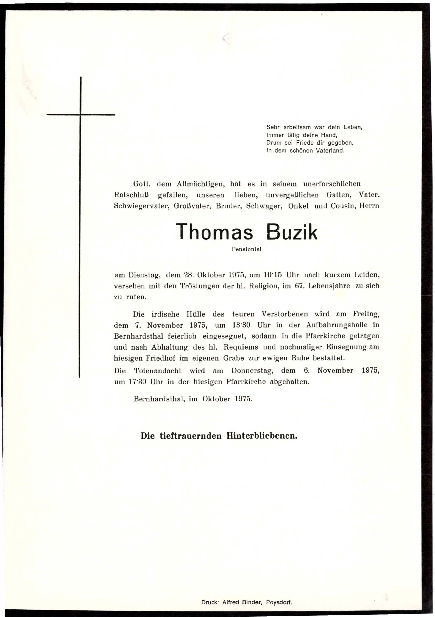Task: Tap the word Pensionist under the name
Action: (x=247, y=249)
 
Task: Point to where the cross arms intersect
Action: (x=80, y=115)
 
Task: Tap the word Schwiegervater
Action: (x=141, y=206)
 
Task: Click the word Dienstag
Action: (x=145, y=275)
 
